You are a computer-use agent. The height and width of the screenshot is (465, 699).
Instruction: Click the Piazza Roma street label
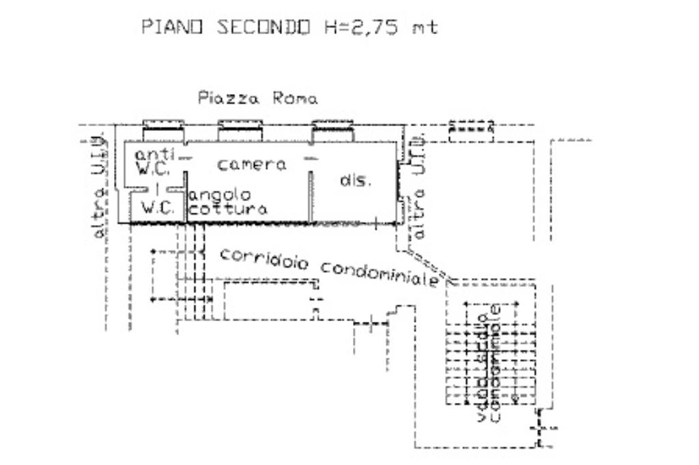coord(257,98)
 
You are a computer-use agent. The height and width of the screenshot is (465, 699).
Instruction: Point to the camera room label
coord(252,164)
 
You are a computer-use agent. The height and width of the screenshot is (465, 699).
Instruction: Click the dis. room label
coord(356,181)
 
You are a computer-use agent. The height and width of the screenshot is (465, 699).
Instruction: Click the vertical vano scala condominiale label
coord(490,368)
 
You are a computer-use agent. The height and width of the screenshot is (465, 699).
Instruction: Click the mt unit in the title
coord(424,28)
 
